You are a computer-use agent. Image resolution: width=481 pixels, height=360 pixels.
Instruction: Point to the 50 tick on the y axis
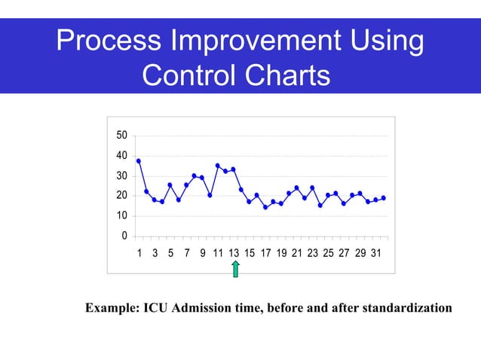tap(121, 136)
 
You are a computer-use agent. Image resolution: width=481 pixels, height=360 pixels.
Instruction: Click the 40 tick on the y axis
tap(121, 156)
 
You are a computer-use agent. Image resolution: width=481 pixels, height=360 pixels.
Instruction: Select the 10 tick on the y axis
tap(121, 216)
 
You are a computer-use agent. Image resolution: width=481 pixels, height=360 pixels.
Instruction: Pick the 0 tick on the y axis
tap(124, 236)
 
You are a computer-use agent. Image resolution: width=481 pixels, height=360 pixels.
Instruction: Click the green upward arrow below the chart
tap(236, 269)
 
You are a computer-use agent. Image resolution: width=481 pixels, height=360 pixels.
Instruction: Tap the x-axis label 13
tap(234, 252)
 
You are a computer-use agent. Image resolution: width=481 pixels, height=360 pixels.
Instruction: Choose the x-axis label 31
tap(376, 252)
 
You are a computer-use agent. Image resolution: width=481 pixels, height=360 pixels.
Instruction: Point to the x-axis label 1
tap(139, 252)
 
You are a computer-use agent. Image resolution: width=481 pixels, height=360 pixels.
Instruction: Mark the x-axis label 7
tap(186, 252)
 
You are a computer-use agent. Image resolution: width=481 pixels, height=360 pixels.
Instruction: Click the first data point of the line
tap(139, 160)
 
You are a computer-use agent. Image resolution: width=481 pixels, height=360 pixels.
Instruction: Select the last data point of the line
tap(384, 198)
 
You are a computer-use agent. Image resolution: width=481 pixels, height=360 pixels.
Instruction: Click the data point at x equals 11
tap(218, 166)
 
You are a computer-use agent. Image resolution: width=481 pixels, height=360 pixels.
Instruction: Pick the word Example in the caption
tap(112, 308)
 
